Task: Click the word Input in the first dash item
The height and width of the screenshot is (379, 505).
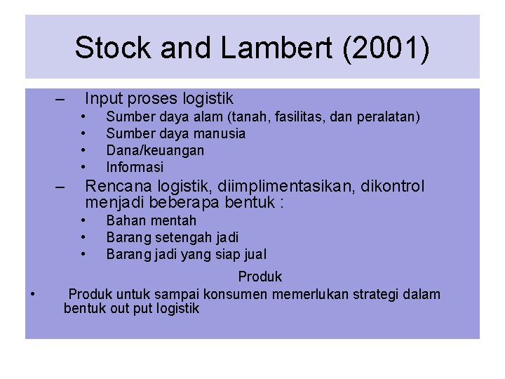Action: coord(103,99)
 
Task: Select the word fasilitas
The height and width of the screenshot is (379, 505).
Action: coord(295,117)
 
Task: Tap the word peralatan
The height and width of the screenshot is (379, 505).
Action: coord(388,117)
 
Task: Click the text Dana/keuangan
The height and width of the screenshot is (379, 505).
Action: coord(155,150)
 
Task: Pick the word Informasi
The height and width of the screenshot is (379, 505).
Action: coord(135,167)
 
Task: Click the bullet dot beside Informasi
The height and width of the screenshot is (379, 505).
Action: coord(83,167)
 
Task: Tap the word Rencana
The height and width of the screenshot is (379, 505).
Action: coord(115,187)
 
